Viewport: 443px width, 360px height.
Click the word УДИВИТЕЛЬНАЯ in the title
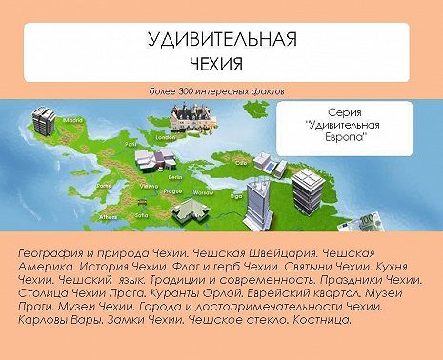click(x=223, y=40)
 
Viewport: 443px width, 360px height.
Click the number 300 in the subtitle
click(x=183, y=91)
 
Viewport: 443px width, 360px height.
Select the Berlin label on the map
click(x=175, y=177)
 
